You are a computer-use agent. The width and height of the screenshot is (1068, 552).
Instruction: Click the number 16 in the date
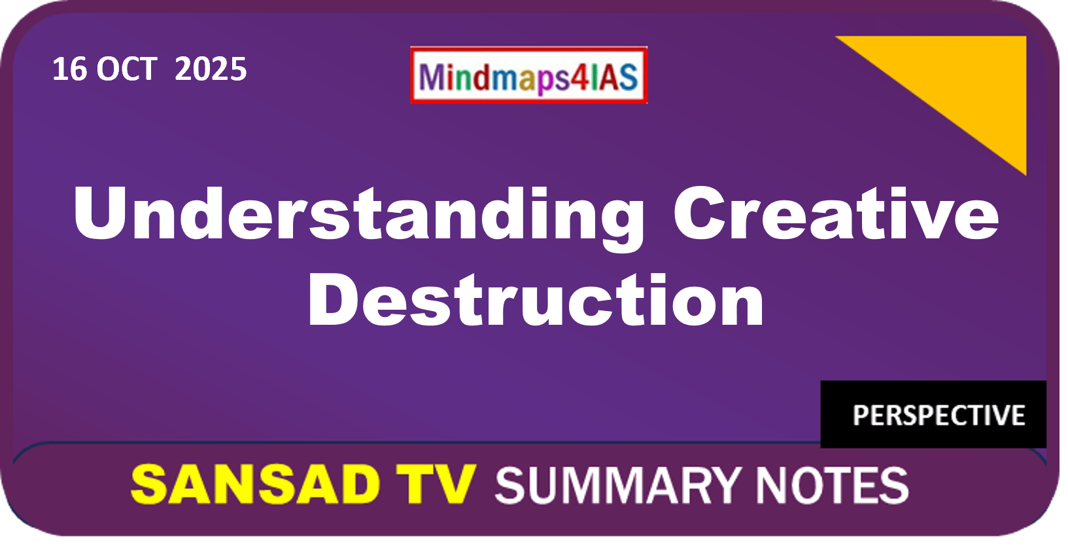tap(70, 69)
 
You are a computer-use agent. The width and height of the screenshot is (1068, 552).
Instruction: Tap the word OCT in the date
tap(127, 69)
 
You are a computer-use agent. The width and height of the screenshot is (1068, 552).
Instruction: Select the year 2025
tap(211, 69)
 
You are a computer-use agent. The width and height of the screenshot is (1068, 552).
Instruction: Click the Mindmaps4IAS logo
tap(528, 75)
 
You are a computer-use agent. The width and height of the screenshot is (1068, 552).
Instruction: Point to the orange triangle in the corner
tap(963, 81)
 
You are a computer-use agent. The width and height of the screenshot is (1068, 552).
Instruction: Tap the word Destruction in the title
tap(536, 300)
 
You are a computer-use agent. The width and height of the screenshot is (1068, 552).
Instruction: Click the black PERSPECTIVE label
tap(933, 414)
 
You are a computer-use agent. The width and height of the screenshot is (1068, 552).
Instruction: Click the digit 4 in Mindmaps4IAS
tap(579, 77)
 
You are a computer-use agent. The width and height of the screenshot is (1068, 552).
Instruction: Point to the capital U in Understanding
tap(101, 213)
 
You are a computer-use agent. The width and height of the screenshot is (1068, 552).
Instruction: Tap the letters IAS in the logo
tap(614, 77)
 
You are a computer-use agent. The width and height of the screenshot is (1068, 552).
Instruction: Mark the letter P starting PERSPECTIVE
tap(861, 415)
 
